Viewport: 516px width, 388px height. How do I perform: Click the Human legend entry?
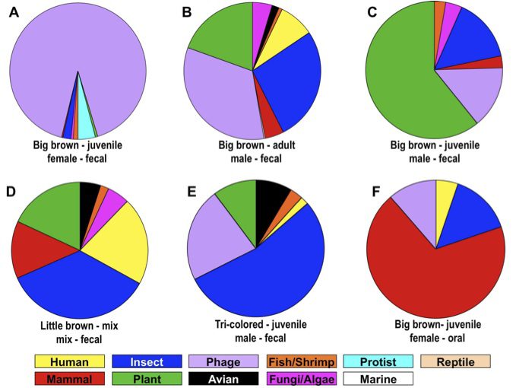(x=69, y=362)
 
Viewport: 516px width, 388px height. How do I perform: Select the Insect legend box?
(x=147, y=362)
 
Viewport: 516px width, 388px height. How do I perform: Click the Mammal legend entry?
(x=69, y=378)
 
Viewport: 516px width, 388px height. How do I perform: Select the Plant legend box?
(x=147, y=378)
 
